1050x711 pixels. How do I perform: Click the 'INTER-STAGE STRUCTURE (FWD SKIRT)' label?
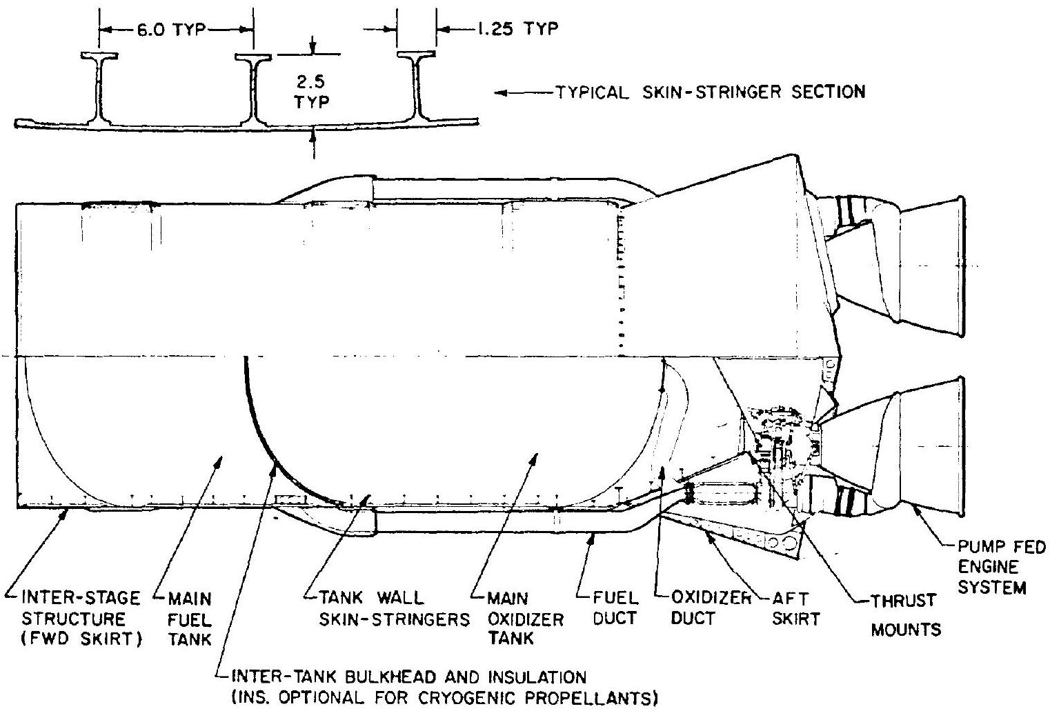(x=82, y=618)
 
